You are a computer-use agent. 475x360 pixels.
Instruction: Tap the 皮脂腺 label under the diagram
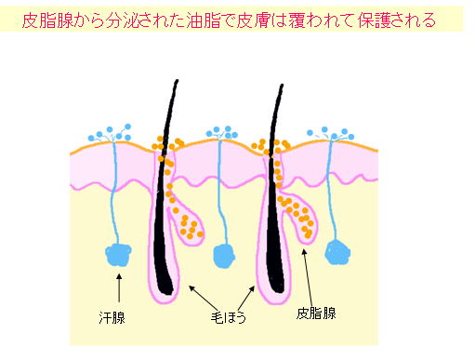tap(316, 313)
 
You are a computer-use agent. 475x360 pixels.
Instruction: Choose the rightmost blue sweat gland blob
tap(336, 251)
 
